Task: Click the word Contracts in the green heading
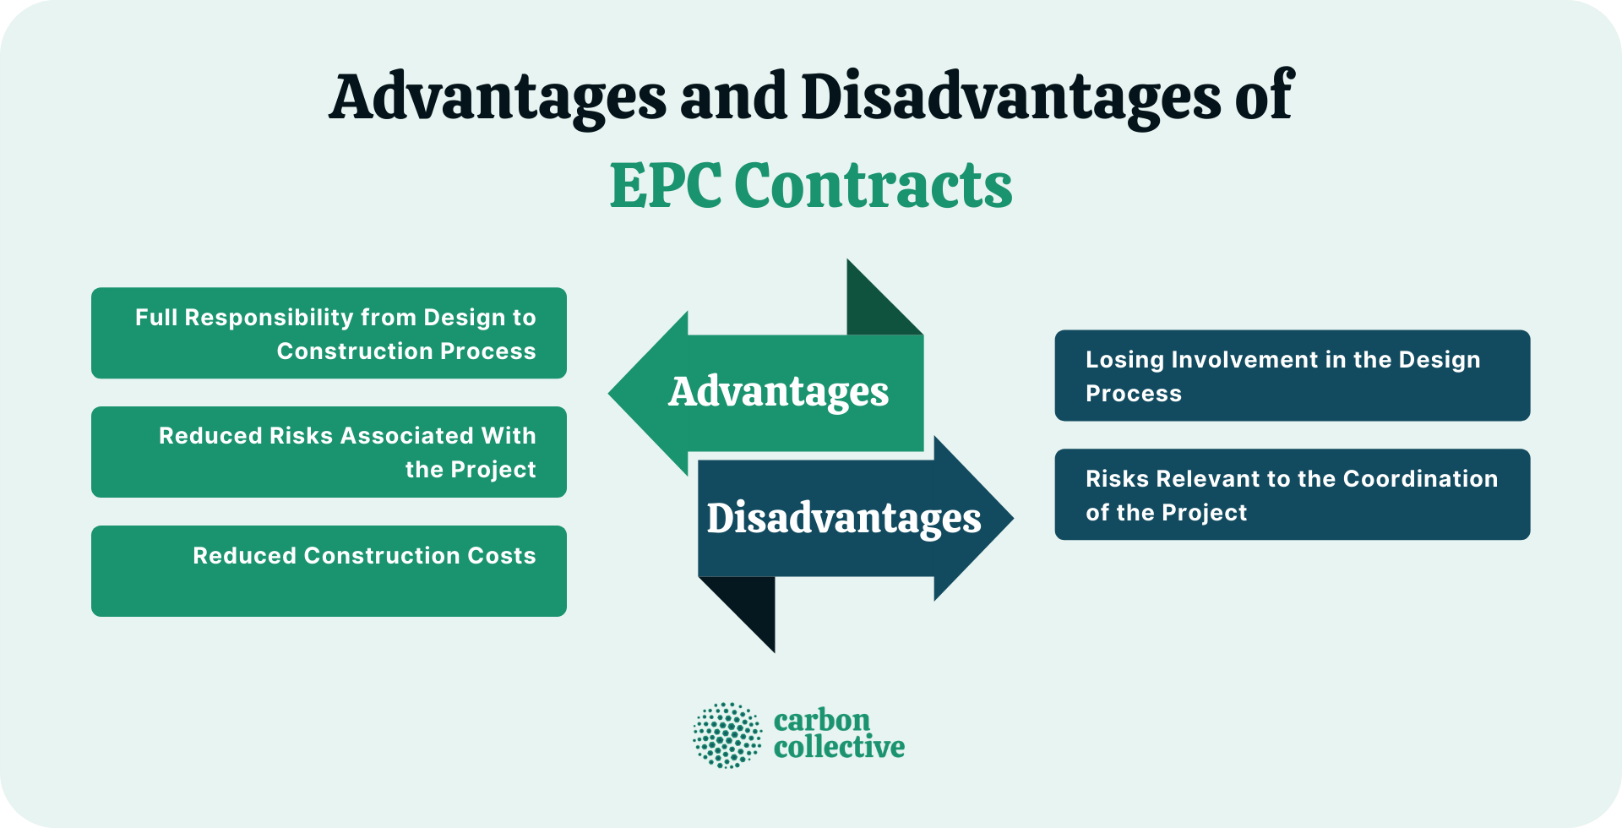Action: [x=873, y=186]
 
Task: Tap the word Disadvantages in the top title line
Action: [x=1010, y=97]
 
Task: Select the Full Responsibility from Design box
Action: [x=329, y=333]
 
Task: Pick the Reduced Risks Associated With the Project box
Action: [x=329, y=452]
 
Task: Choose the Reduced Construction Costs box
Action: [x=329, y=571]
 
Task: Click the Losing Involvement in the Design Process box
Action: [x=1292, y=375]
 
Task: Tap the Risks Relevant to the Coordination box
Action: [x=1292, y=494]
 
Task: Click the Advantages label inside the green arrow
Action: [x=778, y=392]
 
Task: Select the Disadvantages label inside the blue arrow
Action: [x=843, y=518]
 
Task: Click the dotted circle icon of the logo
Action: [x=727, y=735]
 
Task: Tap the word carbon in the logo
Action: [x=821, y=721]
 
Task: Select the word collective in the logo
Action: [x=838, y=747]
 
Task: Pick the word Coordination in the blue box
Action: [x=1420, y=479]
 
